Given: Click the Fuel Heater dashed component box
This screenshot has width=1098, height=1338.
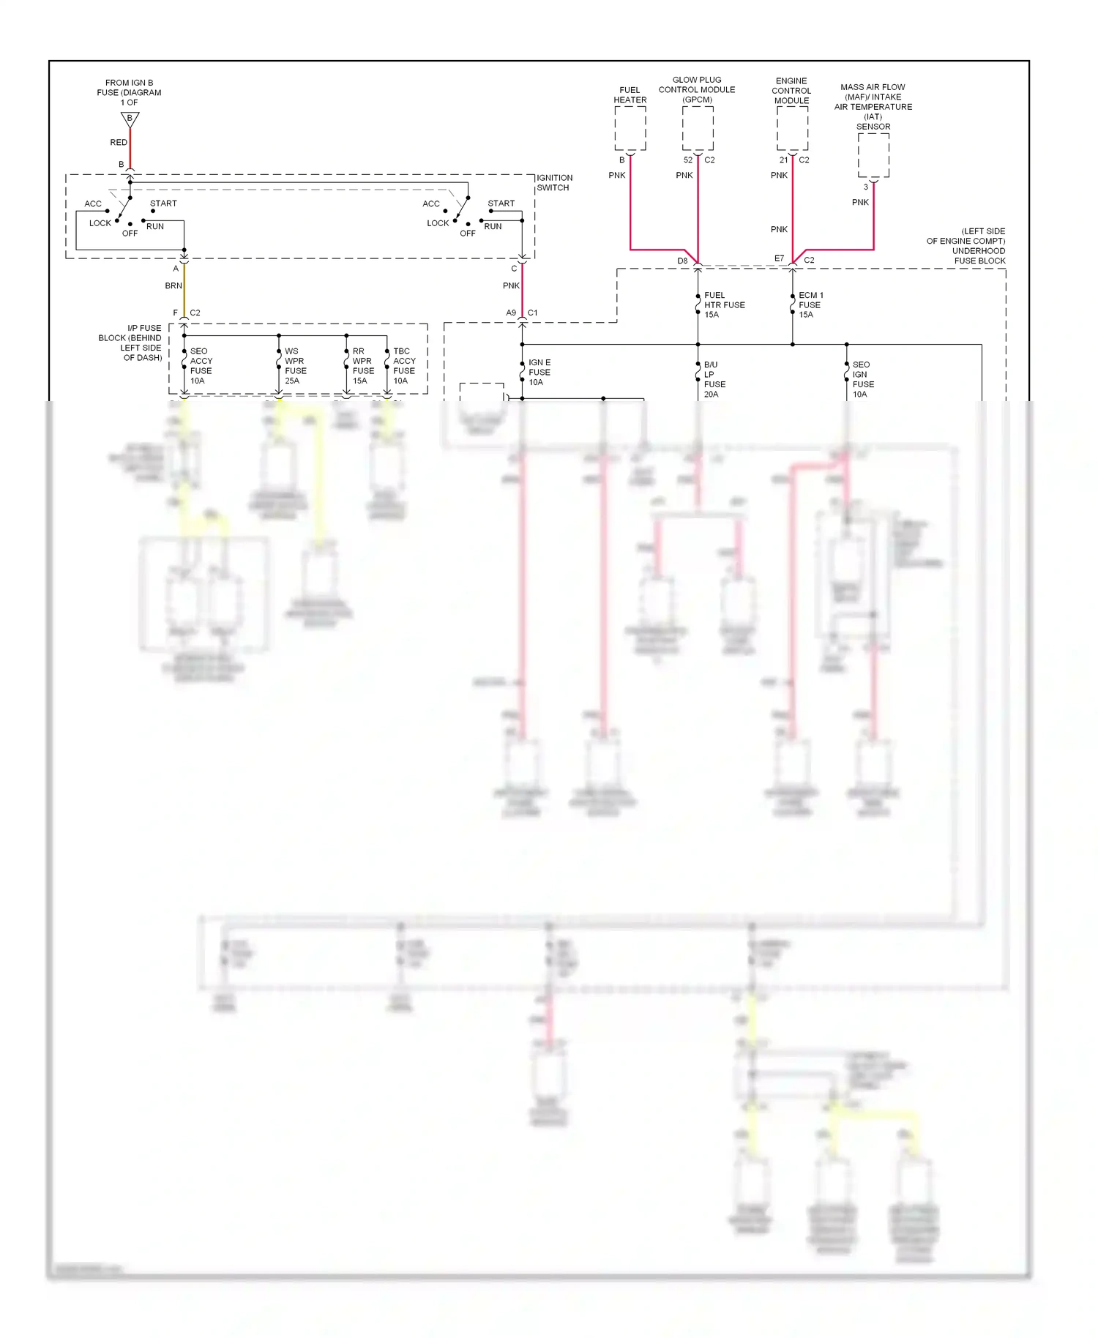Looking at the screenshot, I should [630, 128].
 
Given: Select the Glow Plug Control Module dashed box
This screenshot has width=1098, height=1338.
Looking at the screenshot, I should [698, 128].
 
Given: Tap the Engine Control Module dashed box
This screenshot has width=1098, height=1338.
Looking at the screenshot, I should [792, 128].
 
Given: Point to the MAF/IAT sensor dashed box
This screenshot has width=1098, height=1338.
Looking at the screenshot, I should [873, 155].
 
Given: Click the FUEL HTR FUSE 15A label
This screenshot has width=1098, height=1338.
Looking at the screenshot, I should [724, 304].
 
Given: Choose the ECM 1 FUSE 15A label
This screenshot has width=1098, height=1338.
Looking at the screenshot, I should [810, 304].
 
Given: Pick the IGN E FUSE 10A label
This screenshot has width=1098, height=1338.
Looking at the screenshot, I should [539, 372].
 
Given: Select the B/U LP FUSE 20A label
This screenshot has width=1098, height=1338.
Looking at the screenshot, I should [714, 379].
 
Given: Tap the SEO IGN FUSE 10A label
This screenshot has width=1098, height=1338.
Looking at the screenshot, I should [863, 379].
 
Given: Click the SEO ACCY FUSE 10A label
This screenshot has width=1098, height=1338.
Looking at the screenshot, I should [201, 366].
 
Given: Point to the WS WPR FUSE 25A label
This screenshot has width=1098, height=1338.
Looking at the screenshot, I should [295, 366].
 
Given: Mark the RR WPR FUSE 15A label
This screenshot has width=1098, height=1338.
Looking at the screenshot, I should [363, 366].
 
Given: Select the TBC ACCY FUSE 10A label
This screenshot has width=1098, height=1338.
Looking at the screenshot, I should [404, 366].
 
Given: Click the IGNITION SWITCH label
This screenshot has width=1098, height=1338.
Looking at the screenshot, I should [554, 183].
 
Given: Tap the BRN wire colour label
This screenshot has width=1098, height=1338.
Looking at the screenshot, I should [173, 285].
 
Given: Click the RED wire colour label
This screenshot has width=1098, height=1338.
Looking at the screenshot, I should [119, 142].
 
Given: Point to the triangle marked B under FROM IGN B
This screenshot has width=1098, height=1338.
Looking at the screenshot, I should [130, 119].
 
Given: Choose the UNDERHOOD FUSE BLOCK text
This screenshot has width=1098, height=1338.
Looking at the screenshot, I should [979, 255].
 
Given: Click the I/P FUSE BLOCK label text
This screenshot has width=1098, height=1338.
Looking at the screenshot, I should [131, 343].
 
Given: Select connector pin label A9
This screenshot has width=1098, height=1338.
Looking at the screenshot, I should [511, 313].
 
